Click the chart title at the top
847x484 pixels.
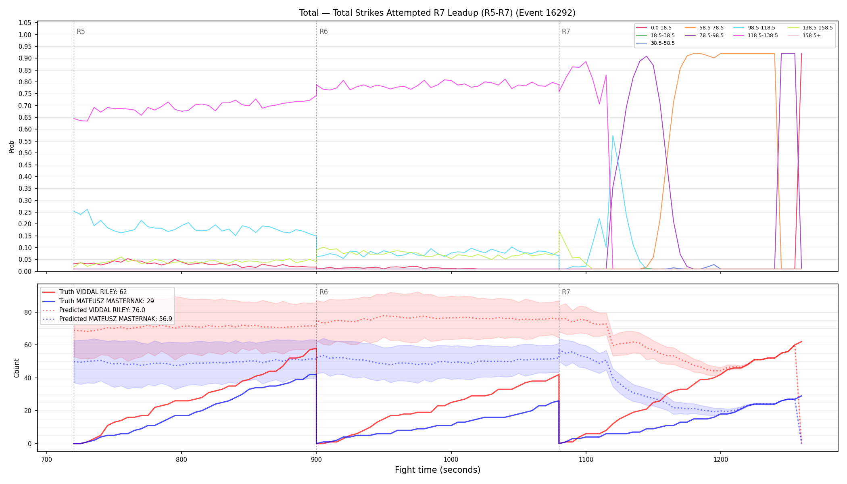437,13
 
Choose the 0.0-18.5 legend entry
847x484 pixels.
654,28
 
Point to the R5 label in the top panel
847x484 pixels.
81,31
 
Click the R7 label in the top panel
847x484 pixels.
566,31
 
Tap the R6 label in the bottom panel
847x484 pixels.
323,292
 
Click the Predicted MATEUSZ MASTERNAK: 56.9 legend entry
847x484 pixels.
107,319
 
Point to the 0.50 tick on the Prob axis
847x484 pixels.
25,153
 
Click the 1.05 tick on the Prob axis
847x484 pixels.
25,23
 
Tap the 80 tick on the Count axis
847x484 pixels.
28,312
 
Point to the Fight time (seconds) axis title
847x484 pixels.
438,470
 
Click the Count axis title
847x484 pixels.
17,368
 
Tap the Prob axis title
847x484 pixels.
12,146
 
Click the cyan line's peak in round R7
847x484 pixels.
613,136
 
